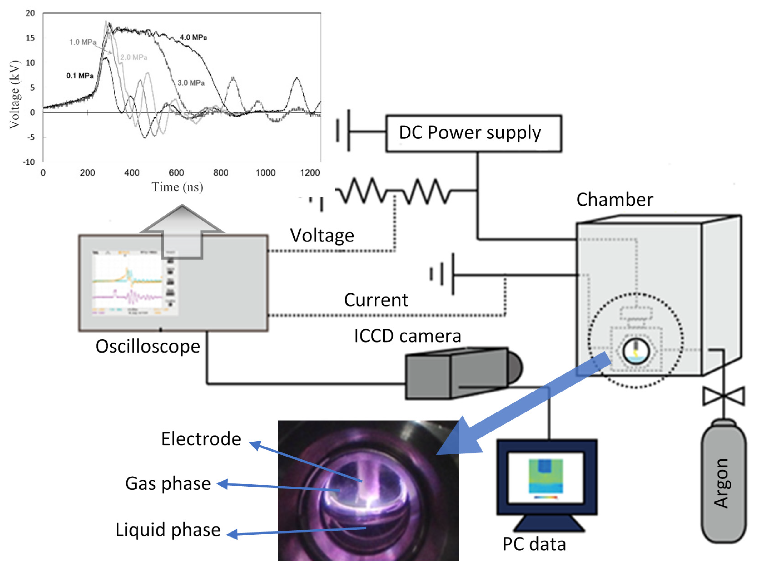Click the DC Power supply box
[473, 134]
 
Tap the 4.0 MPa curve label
[193, 37]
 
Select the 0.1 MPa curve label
[80, 76]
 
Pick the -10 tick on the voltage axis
[29, 162]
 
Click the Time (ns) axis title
[177, 187]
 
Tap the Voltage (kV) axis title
[14, 95]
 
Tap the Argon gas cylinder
[723, 482]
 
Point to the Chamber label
[615, 199]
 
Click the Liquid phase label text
[168, 530]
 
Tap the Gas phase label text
[168, 484]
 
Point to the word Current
[376, 300]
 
